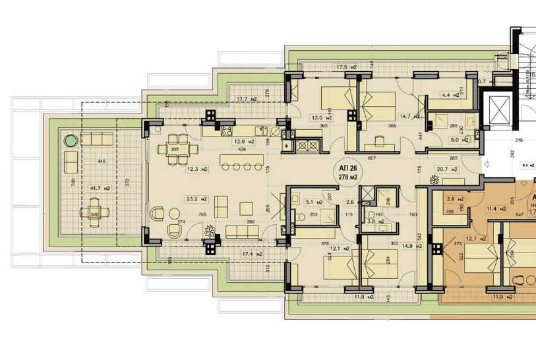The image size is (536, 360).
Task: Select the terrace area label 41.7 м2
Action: click(100, 188)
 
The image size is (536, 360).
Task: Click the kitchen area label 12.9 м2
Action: click(246, 141)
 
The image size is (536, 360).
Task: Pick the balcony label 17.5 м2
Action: click(347, 67)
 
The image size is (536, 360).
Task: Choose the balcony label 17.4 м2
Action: click(253, 254)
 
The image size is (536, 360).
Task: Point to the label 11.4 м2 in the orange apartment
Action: click(494, 208)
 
